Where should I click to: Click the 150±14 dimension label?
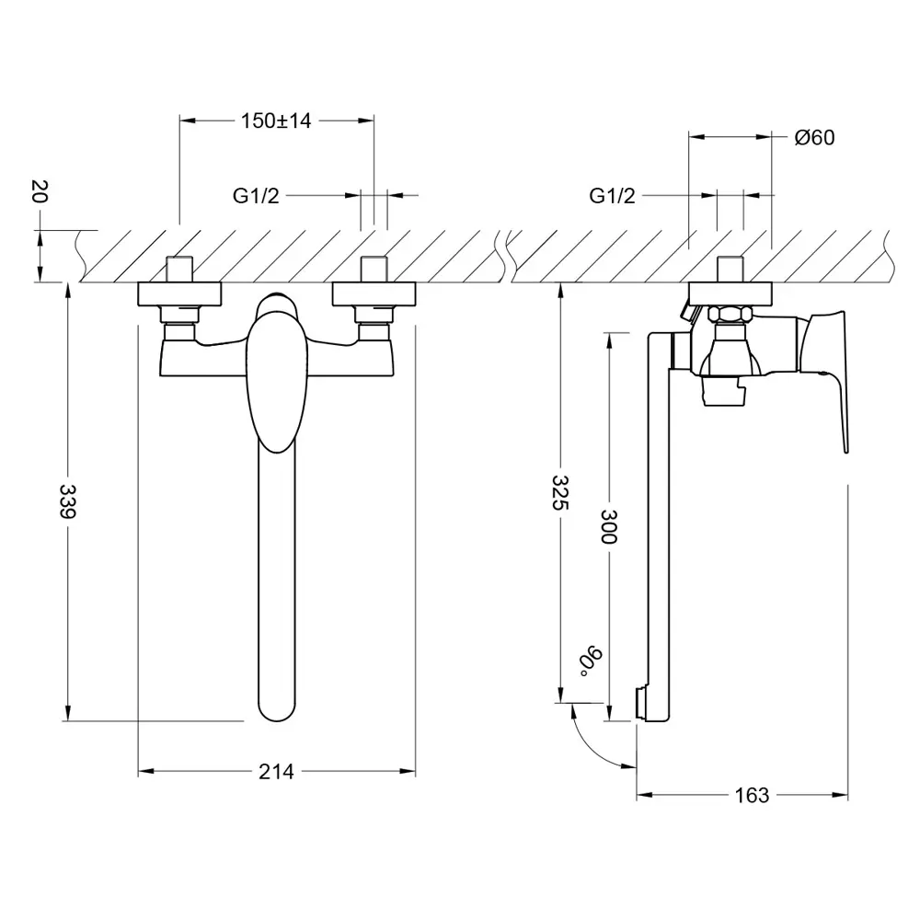(276, 121)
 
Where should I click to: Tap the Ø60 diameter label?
(814, 137)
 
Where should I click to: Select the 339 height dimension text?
(68, 500)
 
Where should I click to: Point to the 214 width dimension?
(276, 772)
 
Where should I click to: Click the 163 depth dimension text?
(752, 795)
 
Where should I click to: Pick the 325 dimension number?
(560, 492)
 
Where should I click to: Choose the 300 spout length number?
(609, 526)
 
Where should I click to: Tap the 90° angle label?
(591, 661)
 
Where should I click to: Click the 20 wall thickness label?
(40, 191)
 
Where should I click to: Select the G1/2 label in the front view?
(256, 195)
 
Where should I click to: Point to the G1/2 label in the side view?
(612, 195)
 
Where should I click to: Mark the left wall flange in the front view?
(179, 294)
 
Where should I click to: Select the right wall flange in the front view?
(374, 294)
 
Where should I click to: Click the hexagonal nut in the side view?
(730, 314)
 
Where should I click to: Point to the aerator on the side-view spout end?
(642, 703)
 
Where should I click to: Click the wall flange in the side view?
(730, 294)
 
